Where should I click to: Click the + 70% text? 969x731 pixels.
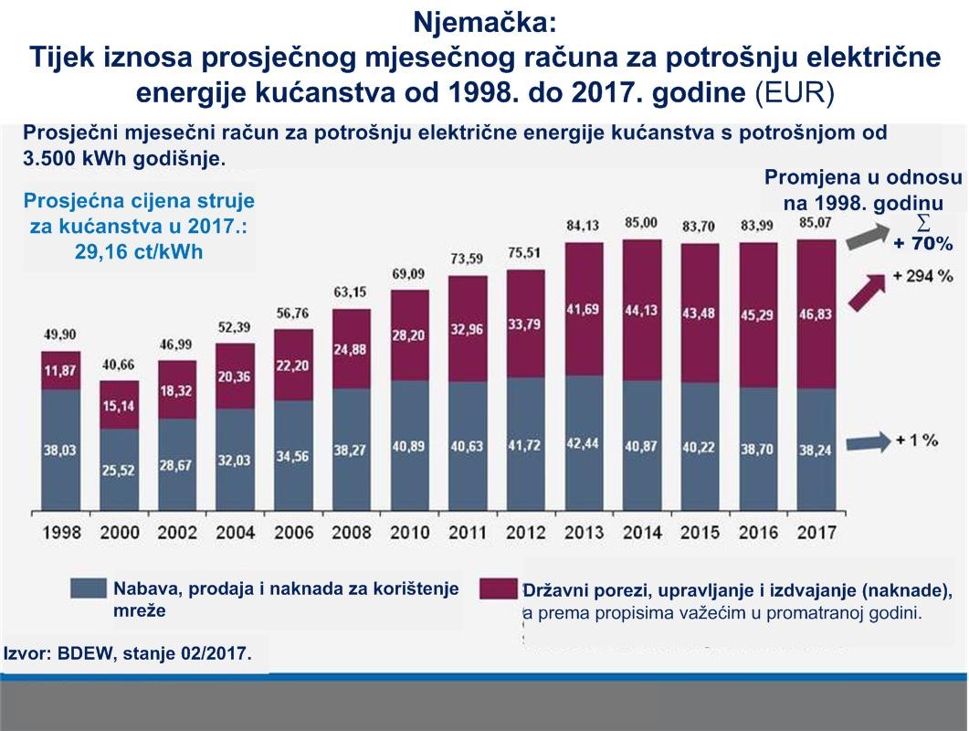click(x=923, y=244)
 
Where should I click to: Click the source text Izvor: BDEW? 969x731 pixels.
click(x=128, y=654)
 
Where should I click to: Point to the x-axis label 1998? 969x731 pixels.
click(x=60, y=531)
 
